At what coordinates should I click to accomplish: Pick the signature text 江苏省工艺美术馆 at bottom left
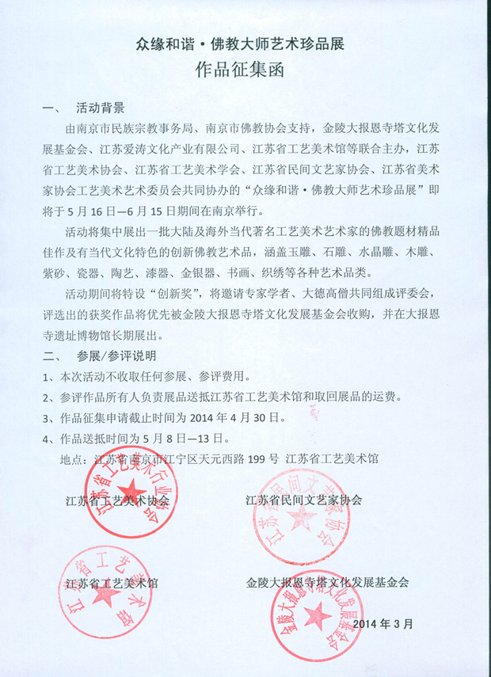[x=112, y=584]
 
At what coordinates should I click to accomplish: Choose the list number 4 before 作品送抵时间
[x=47, y=437]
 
